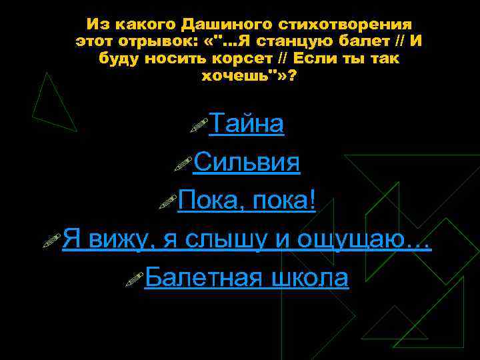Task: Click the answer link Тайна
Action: click(x=247, y=124)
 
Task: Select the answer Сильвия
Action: click(x=246, y=162)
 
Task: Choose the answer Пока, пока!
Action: click(x=247, y=200)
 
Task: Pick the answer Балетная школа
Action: click(x=246, y=277)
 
